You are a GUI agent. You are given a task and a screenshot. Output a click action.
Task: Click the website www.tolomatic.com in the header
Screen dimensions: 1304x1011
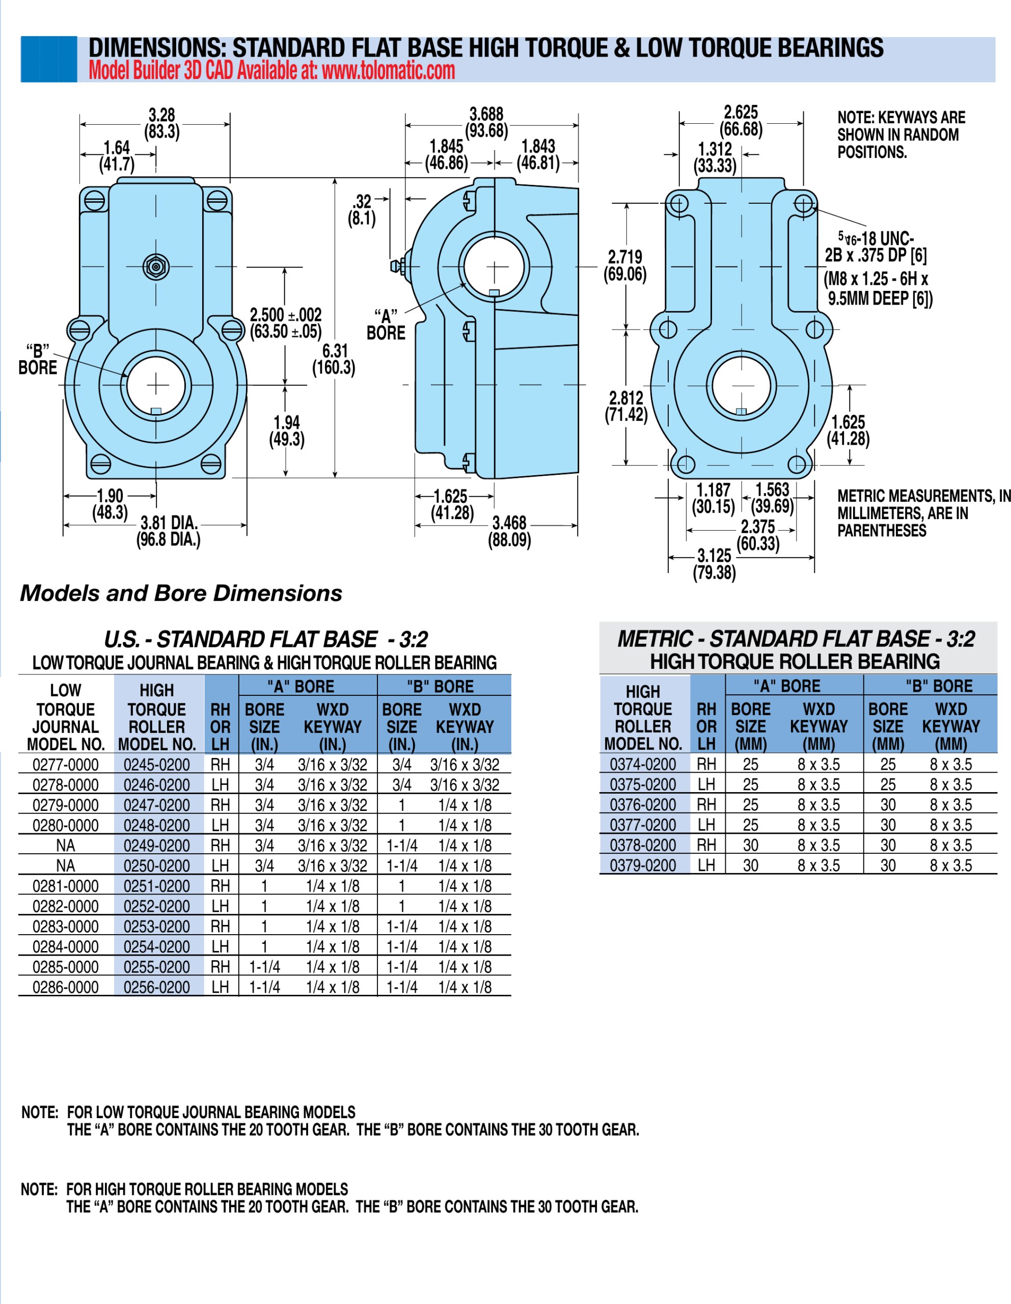pos(388,71)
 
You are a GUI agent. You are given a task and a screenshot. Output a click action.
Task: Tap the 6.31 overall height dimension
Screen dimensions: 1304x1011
pos(335,351)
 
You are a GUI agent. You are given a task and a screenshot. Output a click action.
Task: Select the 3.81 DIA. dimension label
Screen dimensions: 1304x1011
pos(169,523)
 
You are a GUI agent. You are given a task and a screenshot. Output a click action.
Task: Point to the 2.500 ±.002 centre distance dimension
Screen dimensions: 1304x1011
pos(285,315)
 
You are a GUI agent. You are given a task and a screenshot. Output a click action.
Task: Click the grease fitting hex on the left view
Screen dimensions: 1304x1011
pos(156,266)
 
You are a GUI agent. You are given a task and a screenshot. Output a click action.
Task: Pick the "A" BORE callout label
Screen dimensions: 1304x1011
pos(386,325)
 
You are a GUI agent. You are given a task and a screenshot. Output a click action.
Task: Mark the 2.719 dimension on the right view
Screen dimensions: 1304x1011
pos(624,257)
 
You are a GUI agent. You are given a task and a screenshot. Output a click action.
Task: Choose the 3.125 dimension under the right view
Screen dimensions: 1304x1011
pos(714,556)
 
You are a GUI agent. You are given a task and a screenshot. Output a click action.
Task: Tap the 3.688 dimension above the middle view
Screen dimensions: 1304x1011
pos(487,114)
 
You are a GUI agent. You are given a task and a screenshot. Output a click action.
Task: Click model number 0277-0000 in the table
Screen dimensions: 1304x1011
pos(66,765)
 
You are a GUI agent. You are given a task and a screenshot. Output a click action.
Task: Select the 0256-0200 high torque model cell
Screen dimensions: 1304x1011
pos(156,987)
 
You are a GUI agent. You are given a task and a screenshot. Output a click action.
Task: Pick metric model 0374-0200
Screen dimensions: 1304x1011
pos(643,764)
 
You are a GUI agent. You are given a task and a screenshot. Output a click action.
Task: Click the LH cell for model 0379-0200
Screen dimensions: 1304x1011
pos(706,865)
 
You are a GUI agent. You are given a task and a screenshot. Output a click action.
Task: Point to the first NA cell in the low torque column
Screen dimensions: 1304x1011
pos(66,846)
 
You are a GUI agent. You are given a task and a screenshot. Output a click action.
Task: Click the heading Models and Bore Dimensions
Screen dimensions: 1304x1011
pos(181,593)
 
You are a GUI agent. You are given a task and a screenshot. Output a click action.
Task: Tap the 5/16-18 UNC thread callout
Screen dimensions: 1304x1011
pos(876,239)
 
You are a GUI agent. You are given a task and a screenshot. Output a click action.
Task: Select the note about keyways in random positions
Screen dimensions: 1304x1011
pos(900,135)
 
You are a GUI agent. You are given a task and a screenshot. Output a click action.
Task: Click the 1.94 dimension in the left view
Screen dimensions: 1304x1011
pos(287,423)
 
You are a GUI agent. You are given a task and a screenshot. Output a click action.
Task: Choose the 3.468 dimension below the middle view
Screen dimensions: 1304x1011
pos(509,523)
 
